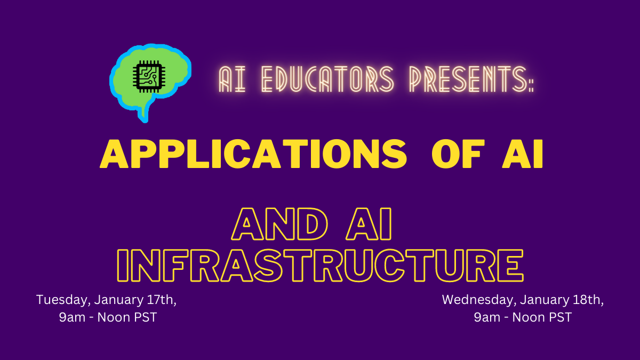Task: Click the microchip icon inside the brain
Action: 149,76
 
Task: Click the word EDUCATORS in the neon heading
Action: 327,79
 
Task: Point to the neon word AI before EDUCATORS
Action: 232,79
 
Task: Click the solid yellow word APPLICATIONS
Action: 253,154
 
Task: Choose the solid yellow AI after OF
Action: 522,154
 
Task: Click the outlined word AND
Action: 279,224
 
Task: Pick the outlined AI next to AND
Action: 369,224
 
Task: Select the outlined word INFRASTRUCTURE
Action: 321,266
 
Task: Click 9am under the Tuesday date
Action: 72,317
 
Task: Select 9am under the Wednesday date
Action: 487,317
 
